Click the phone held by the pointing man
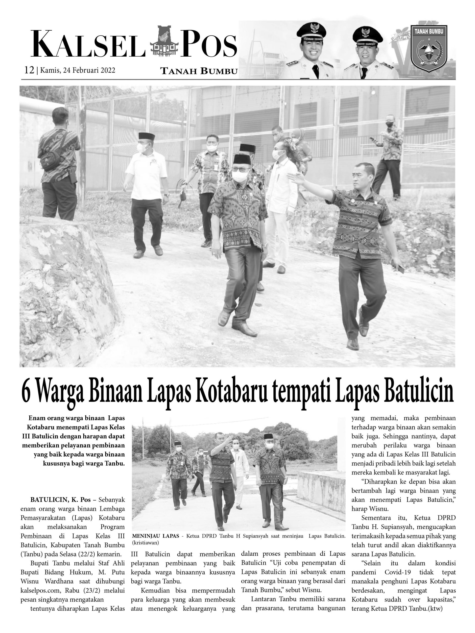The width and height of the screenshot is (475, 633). coord(401,269)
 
